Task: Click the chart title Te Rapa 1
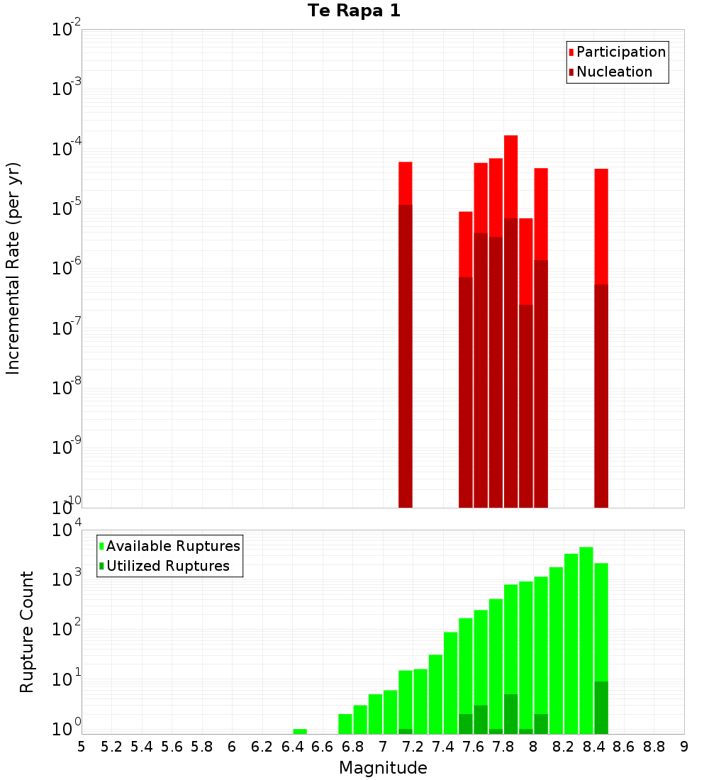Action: tap(354, 11)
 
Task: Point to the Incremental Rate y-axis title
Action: tap(13, 268)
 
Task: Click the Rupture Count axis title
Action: tap(27, 632)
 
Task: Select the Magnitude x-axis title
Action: tap(383, 767)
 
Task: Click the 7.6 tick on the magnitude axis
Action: tap(473, 747)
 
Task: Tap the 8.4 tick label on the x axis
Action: tap(593, 747)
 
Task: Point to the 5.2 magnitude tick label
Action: tap(111, 747)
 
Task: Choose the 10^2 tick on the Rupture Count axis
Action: tap(67, 628)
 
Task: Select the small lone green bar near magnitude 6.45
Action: tap(300, 731)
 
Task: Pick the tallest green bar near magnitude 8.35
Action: tap(586, 638)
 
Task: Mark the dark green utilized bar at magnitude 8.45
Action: tap(601, 707)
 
